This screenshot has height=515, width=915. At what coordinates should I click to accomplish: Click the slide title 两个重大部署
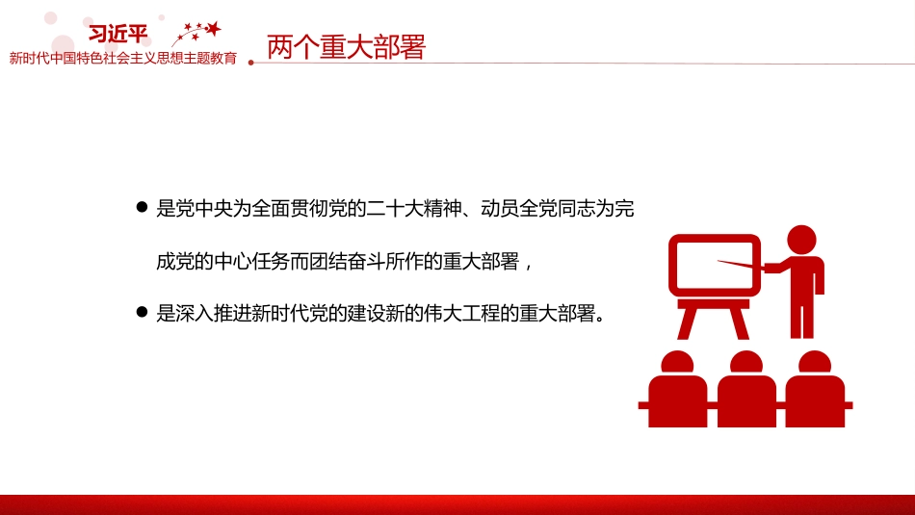click(x=346, y=46)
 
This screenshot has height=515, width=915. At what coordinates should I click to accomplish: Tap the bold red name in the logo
click(x=118, y=34)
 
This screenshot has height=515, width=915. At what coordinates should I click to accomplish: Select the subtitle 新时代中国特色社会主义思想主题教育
click(x=123, y=59)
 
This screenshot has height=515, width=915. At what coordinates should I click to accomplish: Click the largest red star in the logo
click(x=214, y=28)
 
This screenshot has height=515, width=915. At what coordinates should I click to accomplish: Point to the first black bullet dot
click(x=142, y=207)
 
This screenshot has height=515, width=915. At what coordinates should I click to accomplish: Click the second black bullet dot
click(x=142, y=312)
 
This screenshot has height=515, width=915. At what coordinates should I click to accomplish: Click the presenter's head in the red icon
click(x=801, y=240)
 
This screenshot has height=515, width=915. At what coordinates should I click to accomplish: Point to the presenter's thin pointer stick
click(x=741, y=265)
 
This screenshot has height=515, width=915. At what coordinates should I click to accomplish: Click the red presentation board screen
click(x=715, y=266)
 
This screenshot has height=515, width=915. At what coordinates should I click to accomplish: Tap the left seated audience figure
click(x=677, y=389)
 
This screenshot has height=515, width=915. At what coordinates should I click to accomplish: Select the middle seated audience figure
click(x=746, y=389)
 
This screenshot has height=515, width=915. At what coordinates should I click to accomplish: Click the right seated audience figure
click(x=815, y=389)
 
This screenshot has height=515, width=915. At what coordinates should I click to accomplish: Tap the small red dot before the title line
click(x=251, y=63)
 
